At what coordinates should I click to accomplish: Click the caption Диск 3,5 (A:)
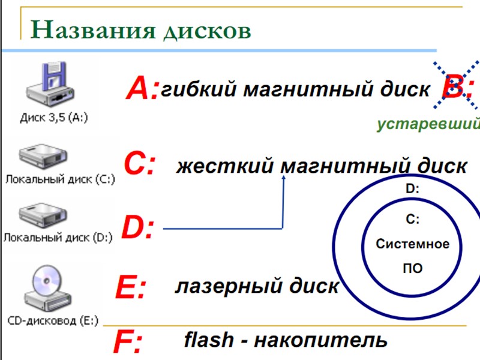tap(54, 118)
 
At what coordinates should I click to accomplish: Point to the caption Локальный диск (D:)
tap(57, 237)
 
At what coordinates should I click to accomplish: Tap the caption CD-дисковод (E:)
tap(53, 321)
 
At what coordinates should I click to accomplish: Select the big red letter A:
tap(142, 90)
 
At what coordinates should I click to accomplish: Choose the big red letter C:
tap(139, 163)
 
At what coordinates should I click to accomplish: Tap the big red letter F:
tap(128, 344)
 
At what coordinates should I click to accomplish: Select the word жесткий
tap(224, 166)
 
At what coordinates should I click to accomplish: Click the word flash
tap(209, 340)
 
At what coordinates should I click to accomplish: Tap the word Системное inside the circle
tap(412, 244)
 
